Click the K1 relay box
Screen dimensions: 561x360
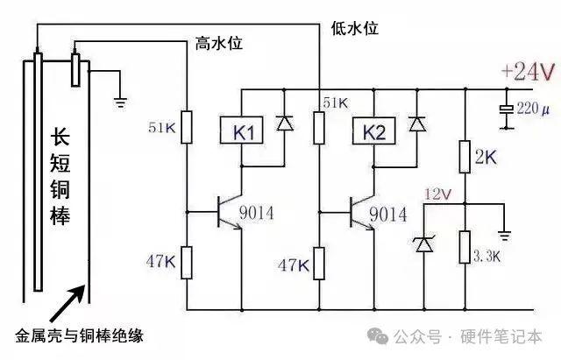pos(242,131)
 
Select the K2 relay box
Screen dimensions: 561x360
pos(374,131)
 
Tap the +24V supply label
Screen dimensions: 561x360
pos(529,72)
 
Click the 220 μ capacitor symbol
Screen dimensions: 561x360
pos(507,109)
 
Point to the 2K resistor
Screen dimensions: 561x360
pos(465,157)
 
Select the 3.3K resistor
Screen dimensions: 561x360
pos(465,247)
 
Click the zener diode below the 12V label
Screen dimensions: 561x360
pos(424,244)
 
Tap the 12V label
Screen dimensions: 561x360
pos(437,194)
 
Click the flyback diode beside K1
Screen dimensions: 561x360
pos(285,124)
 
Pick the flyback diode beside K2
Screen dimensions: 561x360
pos(417,124)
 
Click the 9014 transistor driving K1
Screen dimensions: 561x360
pos(229,212)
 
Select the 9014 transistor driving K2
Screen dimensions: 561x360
pos(361,212)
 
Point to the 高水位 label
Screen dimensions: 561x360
pos(219,44)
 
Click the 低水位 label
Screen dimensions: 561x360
pos(354,28)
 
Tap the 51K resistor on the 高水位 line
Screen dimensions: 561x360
pos(187,127)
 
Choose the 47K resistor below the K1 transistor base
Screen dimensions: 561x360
pos(187,263)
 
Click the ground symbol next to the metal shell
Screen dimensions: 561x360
pos(121,102)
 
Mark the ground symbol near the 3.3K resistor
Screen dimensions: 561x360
pos(505,236)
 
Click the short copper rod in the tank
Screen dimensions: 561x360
pos(75,70)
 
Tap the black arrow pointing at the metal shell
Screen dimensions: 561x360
pos(68,303)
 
